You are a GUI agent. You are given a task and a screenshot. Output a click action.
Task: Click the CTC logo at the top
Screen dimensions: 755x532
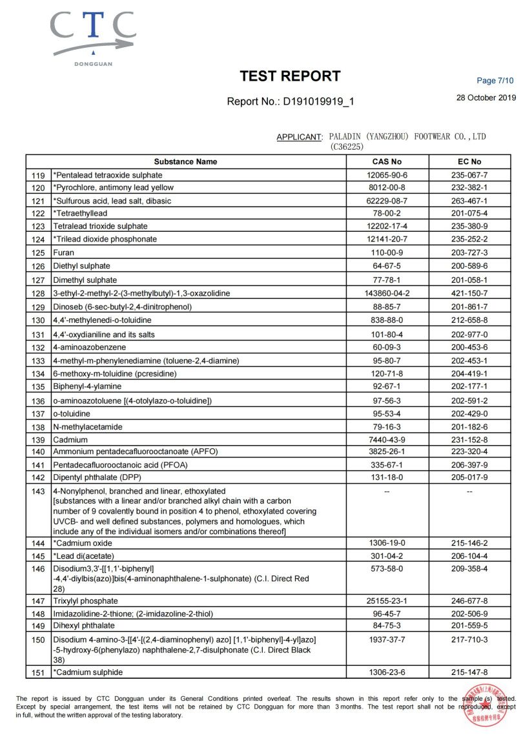coord(93,36)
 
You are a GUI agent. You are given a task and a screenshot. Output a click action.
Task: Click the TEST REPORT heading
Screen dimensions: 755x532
coord(290,76)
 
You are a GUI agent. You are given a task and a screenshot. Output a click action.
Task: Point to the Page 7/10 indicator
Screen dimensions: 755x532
coord(495,81)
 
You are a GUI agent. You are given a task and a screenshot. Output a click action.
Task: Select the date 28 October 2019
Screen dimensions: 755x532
coord(486,98)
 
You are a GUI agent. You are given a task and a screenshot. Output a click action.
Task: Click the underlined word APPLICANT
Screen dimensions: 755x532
coord(299,137)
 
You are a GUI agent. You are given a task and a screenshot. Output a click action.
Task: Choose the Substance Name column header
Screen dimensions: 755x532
coord(186,161)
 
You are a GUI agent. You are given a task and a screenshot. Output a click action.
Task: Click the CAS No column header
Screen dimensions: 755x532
coord(387,161)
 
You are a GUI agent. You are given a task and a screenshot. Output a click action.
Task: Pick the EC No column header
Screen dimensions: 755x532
coord(469,161)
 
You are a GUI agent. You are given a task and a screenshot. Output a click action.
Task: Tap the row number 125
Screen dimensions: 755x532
coord(39,253)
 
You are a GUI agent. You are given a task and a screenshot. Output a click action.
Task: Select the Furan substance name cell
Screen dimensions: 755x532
coord(64,253)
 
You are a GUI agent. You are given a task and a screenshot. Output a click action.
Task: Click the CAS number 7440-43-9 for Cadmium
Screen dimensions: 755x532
coord(387,440)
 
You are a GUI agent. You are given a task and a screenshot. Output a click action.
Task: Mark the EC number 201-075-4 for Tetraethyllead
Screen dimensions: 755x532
coord(469,213)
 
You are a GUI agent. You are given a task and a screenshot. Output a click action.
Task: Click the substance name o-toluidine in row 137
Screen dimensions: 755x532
coord(72,413)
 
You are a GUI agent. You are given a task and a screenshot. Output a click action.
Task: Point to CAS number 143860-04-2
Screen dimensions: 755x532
coord(387,293)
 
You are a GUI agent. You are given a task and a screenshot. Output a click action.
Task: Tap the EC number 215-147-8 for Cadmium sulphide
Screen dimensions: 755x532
coord(469,672)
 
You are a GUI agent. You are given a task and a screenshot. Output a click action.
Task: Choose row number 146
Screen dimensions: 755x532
coord(39,570)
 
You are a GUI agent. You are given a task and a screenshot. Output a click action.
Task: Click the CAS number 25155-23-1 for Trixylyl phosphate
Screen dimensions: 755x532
coord(387,601)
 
